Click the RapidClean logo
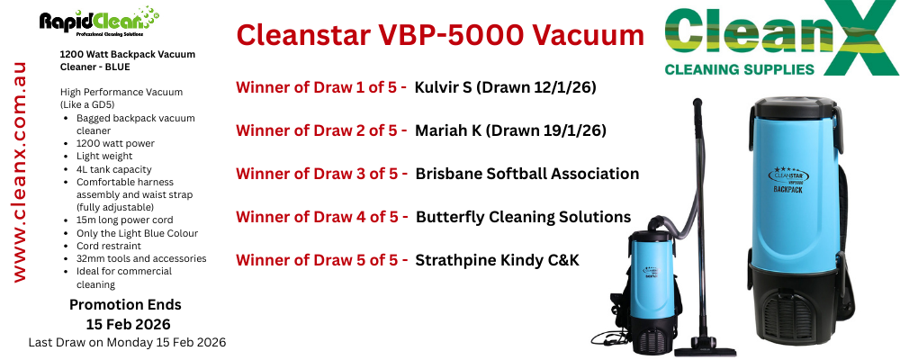(99, 22)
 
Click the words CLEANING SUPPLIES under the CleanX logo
(739, 69)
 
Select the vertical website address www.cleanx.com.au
(20, 172)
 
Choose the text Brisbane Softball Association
(526, 174)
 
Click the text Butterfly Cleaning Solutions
(524, 217)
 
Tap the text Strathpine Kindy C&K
(497, 260)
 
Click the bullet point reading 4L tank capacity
(114, 169)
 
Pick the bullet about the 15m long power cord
(124, 220)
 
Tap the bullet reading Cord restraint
(109, 246)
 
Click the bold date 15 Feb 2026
(128, 324)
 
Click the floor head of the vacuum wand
(705, 348)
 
